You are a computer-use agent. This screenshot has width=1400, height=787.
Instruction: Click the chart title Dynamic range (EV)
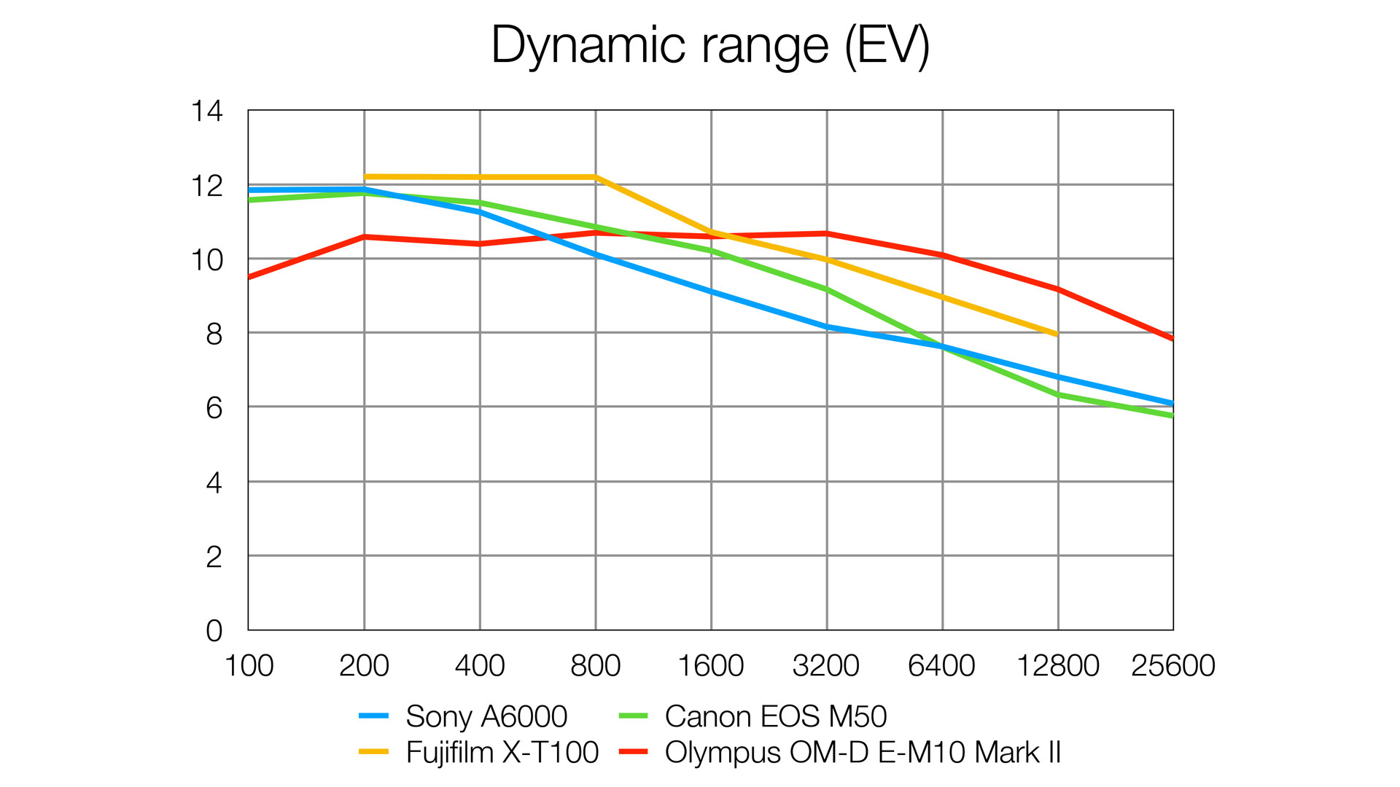709,45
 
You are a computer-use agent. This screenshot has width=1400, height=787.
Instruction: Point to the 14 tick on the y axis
206,111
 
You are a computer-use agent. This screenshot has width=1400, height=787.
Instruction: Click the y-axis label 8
214,334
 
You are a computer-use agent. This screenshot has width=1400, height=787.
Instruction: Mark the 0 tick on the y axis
214,630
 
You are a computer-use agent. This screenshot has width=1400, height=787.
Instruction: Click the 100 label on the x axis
249,665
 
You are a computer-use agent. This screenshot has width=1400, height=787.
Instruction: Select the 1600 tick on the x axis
711,665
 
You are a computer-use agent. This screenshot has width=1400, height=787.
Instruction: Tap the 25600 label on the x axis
1172,665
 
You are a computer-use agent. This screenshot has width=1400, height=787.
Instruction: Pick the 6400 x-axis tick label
941,665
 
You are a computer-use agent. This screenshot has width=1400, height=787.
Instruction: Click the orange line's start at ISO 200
365,176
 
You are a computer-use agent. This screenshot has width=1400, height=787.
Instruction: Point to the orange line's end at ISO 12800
1057,334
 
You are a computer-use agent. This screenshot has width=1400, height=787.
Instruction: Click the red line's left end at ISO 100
249,278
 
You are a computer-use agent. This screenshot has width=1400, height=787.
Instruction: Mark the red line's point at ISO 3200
827,233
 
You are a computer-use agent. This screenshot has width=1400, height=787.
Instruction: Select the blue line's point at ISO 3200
827,326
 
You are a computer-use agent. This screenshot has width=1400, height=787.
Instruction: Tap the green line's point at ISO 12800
1058,395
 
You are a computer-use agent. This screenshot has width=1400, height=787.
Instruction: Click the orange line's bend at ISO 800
596,177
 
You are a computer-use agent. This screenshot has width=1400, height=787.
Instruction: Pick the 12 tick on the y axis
206,186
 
